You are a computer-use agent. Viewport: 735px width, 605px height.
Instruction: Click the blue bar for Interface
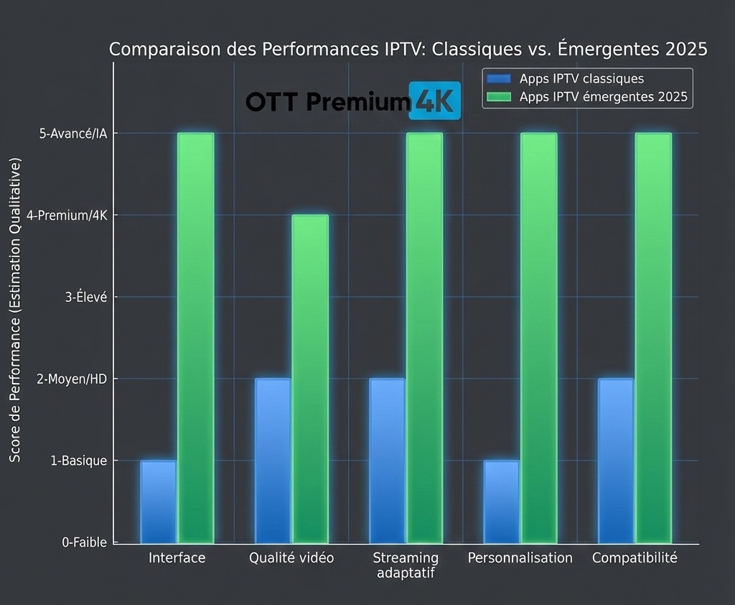(x=158, y=501)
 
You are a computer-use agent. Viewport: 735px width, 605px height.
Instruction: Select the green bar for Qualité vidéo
(x=310, y=379)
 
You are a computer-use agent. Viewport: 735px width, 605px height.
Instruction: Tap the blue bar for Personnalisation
(x=501, y=501)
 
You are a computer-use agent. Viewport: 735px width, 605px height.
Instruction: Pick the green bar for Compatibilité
(x=653, y=338)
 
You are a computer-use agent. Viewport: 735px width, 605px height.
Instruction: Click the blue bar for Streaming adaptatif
(x=387, y=460)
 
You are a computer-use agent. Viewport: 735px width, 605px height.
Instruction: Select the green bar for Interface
(x=196, y=338)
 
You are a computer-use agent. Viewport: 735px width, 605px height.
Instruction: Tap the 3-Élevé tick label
(x=86, y=297)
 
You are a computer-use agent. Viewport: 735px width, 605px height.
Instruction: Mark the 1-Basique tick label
(x=79, y=461)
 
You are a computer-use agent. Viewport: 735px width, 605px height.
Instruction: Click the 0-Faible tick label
(x=84, y=543)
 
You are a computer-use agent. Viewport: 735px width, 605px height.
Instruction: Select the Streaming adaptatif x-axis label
(x=406, y=565)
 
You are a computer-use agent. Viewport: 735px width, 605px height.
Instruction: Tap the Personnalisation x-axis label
(x=520, y=558)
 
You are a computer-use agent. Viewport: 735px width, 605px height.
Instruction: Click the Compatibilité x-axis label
(x=635, y=558)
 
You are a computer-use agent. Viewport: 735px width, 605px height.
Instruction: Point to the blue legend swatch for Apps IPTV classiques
(x=498, y=79)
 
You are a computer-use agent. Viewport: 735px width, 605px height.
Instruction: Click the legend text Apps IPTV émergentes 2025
(x=603, y=97)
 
